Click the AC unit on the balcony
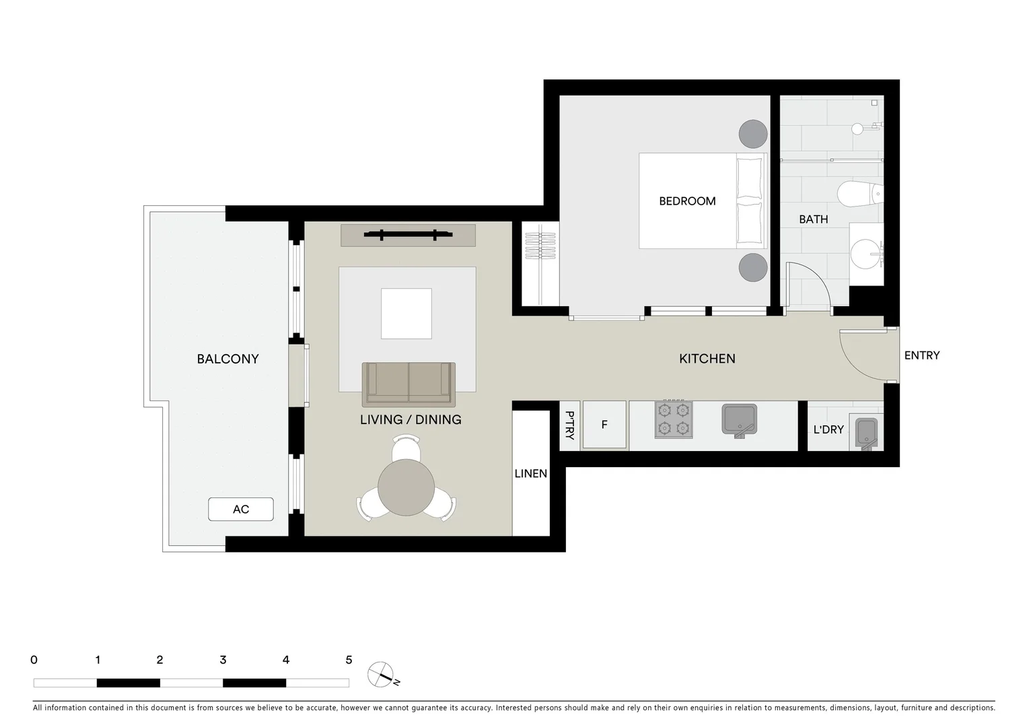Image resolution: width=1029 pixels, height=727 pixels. pos(241,510)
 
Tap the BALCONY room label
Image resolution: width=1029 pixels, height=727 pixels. pos(227,359)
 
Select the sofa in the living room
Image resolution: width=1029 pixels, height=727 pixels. pos(409,384)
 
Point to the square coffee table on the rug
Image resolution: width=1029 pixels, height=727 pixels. pos(406,314)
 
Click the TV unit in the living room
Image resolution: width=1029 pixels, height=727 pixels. pos(408,235)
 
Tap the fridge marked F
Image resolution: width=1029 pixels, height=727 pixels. pos(604,425)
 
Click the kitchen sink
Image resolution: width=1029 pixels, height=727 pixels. pos(740,419)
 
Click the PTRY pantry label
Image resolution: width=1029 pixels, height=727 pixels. pos(569,425)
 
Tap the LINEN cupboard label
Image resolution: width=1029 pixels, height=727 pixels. pos(531,474)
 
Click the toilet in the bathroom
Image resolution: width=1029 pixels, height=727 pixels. pos(859,195)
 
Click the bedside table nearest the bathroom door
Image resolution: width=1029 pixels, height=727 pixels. pos(752,268)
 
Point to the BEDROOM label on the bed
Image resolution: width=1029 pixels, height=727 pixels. pos(687,201)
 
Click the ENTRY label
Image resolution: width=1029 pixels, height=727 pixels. pos(921,355)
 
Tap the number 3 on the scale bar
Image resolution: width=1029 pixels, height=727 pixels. pos(223,660)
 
